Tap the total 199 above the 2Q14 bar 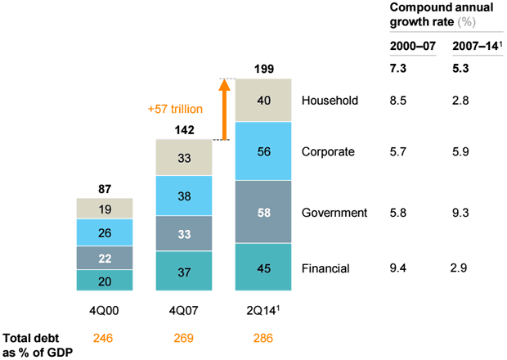point(262,66)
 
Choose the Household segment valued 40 point(262,101)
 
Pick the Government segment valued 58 point(262,212)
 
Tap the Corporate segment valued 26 point(104,233)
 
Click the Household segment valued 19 point(104,209)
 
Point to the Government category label point(334,212)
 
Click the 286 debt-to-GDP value point(262,337)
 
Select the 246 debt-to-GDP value point(104,337)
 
